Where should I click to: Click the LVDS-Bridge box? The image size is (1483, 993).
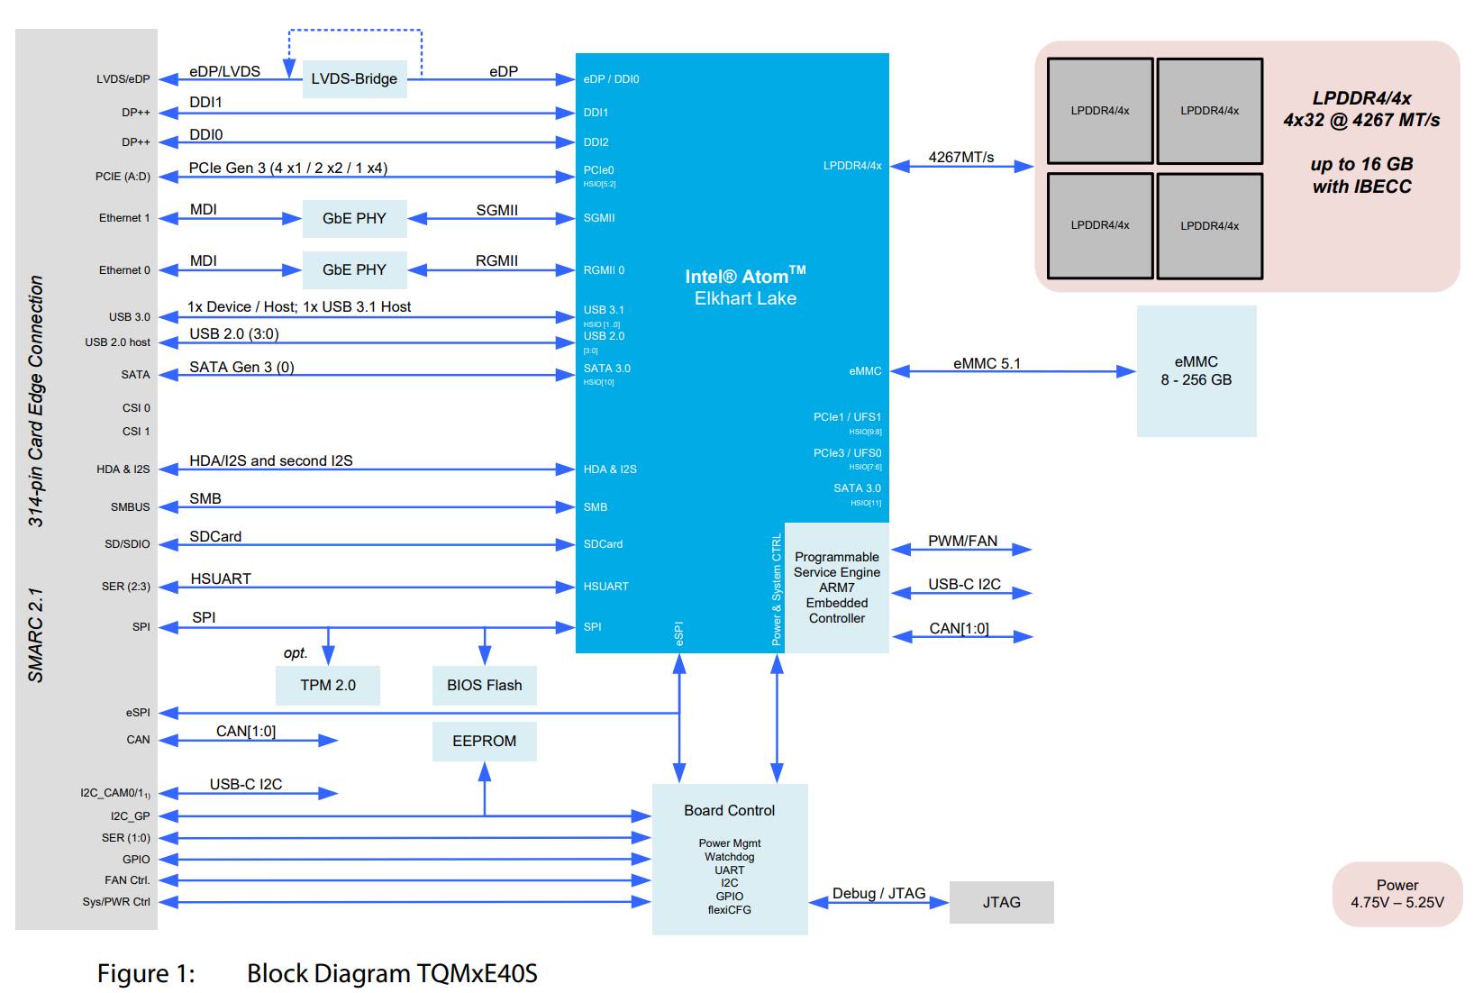[x=354, y=78]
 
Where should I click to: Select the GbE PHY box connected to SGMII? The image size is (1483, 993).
[x=354, y=218]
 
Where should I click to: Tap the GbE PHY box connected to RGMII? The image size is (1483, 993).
[x=354, y=270]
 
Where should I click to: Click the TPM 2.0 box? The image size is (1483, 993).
[x=328, y=685]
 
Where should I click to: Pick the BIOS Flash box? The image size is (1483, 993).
[x=485, y=685]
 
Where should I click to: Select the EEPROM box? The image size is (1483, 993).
[x=485, y=742]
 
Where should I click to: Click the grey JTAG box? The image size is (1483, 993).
[x=1002, y=902]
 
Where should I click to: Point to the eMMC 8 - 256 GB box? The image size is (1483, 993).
[x=1197, y=370]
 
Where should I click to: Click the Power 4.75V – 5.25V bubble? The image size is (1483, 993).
[x=1397, y=894]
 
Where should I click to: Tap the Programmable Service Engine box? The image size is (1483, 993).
[x=837, y=588]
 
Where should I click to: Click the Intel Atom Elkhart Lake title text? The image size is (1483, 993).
[x=745, y=287]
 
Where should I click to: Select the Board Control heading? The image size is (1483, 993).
[x=730, y=810]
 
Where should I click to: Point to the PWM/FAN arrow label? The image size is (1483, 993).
[x=962, y=541]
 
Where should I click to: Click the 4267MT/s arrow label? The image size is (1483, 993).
[x=961, y=157]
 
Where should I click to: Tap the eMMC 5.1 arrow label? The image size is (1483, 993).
[x=987, y=363]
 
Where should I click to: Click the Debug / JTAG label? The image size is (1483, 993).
[x=879, y=893]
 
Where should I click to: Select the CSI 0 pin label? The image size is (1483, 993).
[x=136, y=408]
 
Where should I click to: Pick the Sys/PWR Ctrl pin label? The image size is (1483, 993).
[x=116, y=902]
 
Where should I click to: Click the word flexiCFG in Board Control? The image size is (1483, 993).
[x=730, y=909]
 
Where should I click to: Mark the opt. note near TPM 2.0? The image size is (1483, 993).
[x=296, y=653]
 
